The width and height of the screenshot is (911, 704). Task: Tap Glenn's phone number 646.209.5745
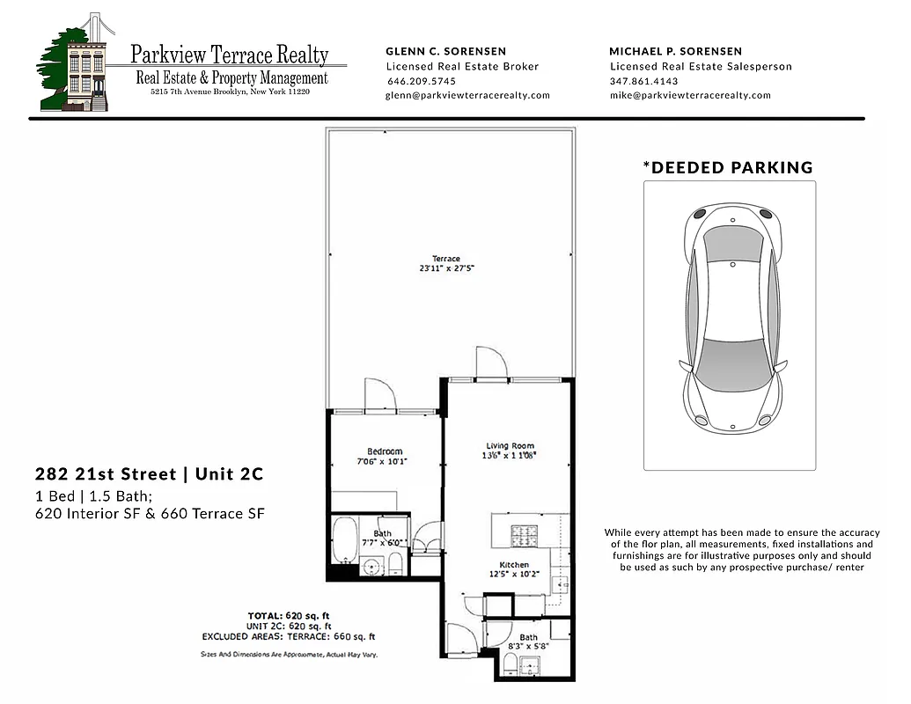(415, 81)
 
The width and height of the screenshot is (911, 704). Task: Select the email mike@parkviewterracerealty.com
(690, 95)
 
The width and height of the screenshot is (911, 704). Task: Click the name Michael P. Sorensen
(675, 51)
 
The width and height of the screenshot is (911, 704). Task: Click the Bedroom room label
(385, 451)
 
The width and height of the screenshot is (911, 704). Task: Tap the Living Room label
(510, 445)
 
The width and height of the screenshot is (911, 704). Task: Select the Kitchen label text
(514, 565)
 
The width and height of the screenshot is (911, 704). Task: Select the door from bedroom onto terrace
(381, 395)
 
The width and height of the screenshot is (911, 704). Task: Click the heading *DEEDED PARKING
(728, 167)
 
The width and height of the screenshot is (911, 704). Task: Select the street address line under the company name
(230, 92)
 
